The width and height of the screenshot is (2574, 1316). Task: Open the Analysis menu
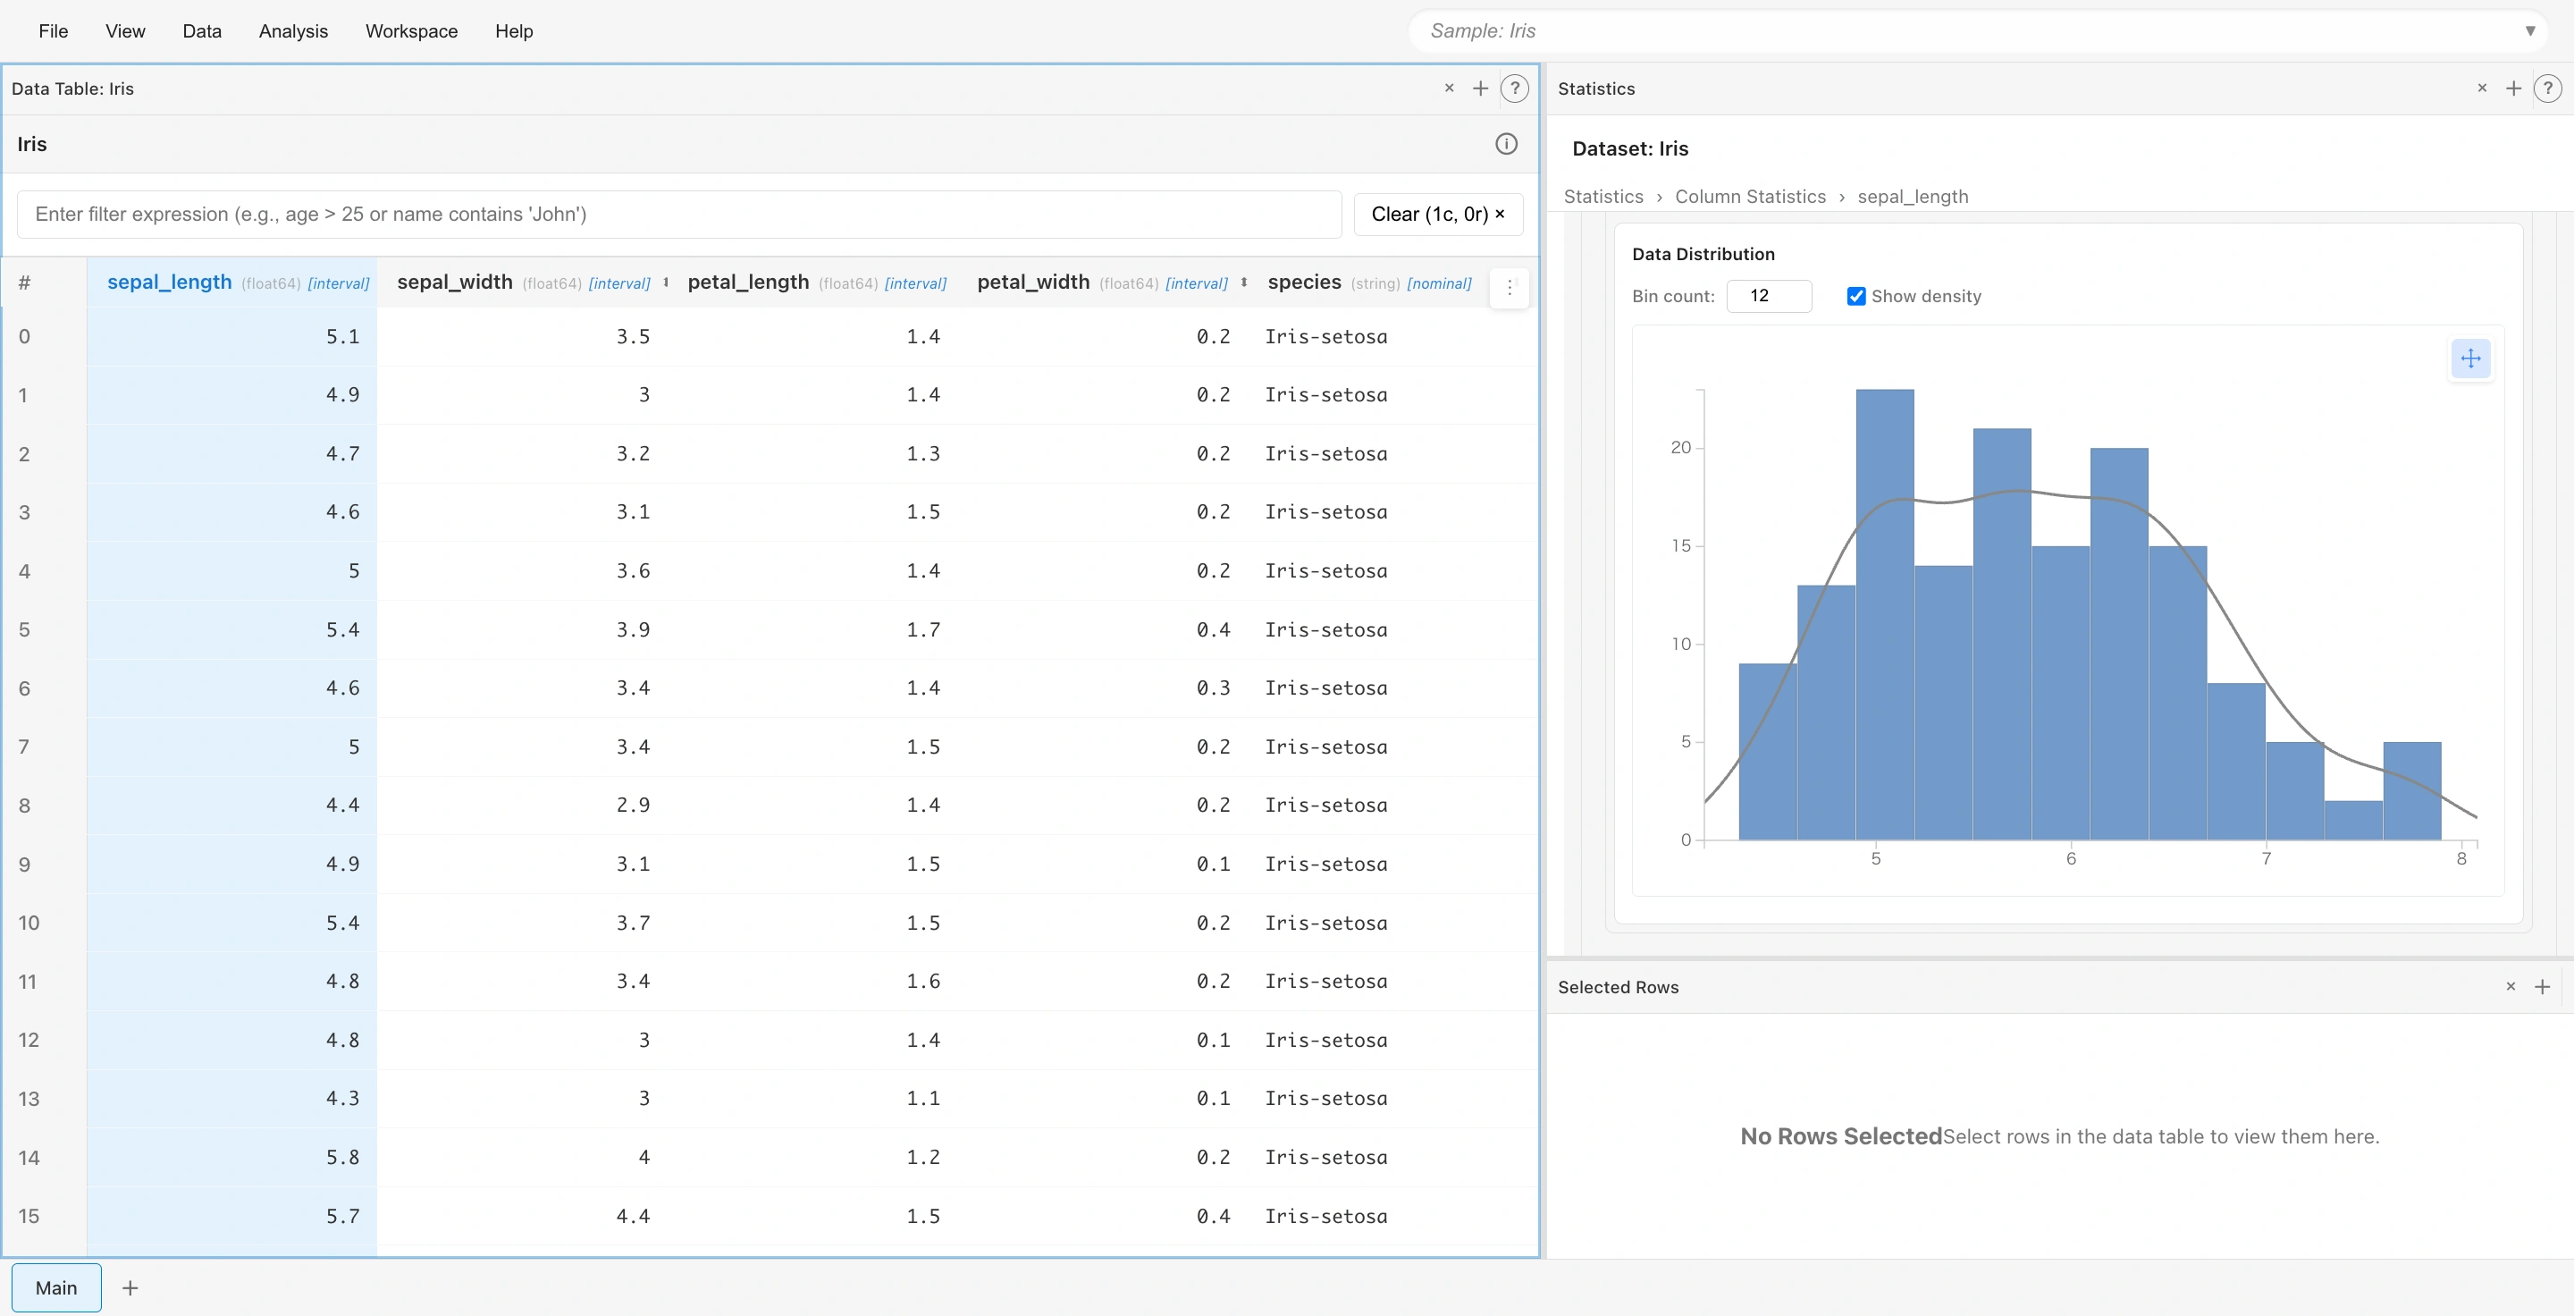[293, 31]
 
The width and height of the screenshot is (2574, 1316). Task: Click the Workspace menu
[411, 31]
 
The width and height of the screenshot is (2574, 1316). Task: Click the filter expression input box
[679, 214]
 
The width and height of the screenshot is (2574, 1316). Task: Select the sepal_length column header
[170, 282]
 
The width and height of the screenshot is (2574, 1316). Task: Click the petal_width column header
[1033, 282]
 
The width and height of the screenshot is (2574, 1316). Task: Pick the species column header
[1304, 282]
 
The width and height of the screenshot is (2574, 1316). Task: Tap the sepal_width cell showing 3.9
[633, 629]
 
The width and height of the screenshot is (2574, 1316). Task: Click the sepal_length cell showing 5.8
[342, 1157]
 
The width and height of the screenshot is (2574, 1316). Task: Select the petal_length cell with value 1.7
[922, 629]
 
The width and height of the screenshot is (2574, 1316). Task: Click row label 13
[28, 1099]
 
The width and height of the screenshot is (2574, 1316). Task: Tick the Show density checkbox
[1855, 297]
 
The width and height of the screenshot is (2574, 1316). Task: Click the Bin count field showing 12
[1768, 296]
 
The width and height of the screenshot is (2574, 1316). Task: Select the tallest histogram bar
[1885, 613]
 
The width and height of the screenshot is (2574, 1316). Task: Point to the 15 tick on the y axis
[1682, 545]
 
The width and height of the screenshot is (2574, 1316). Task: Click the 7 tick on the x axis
[2267, 858]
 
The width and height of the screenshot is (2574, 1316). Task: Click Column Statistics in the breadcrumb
[1750, 197]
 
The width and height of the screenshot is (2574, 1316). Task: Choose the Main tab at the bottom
[56, 1287]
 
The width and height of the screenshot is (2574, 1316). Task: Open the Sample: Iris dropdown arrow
[2530, 31]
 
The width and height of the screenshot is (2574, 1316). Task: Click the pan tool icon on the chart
[2470, 359]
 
